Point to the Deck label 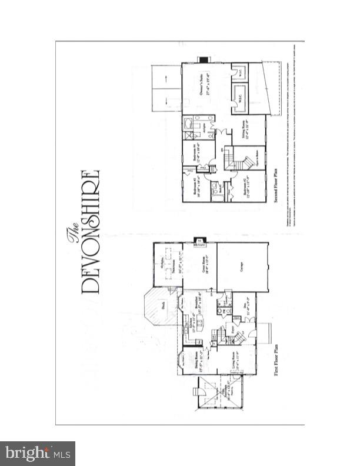[x=164, y=306]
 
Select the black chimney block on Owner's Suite [x=204, y=59]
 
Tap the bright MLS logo [x=37, y=453]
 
